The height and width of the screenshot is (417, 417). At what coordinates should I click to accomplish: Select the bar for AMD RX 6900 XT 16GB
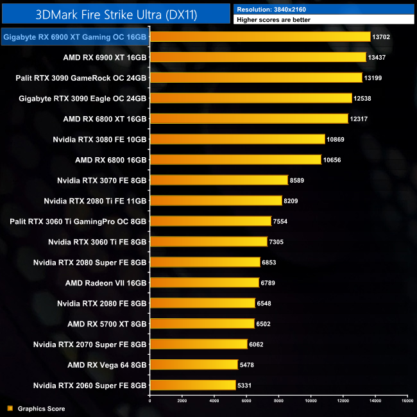point(257,57)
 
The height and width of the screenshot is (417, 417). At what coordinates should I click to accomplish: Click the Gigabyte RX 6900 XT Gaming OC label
point(74,37)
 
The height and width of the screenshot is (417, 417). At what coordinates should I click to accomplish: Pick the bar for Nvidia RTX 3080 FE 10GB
point(237,139)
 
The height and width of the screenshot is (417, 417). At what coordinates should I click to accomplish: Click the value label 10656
point(332,160)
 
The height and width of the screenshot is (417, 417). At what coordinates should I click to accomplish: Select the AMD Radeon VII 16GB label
point(106,283)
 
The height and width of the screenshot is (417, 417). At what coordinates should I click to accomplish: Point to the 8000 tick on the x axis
point(278,401)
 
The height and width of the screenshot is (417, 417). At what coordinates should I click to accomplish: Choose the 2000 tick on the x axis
point(182,401)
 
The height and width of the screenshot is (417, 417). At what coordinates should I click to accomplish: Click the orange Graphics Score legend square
point(9,408)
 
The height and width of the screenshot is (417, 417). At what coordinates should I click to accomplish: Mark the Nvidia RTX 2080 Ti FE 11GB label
point(95,201)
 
